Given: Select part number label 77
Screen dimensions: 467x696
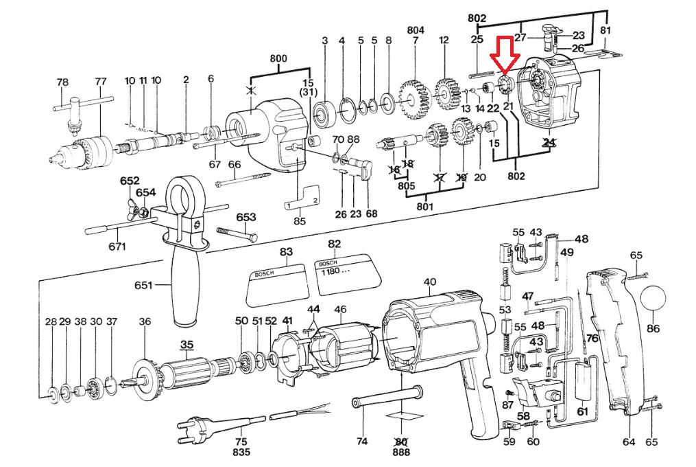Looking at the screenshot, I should (101, 82).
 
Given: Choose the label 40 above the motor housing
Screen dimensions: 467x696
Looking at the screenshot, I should (430, 282).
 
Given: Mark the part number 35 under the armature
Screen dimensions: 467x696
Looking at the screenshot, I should (187, 344).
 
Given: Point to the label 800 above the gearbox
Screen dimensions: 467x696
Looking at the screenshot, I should (278, 58).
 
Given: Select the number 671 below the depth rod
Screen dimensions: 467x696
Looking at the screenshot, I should (117, 247).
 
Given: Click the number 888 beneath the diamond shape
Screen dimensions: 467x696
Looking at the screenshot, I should (400, 453).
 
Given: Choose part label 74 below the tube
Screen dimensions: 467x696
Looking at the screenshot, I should (362, 441).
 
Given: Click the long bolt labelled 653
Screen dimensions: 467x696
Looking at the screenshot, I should (237, 234).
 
